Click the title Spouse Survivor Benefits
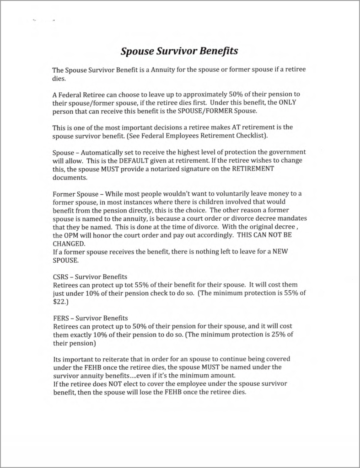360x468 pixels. coord(179,51)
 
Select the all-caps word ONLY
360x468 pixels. coord(287,102)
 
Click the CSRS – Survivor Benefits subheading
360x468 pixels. coord(90,277)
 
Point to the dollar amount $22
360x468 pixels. coord(60,302)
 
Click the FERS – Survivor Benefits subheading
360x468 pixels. coord(90,317)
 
